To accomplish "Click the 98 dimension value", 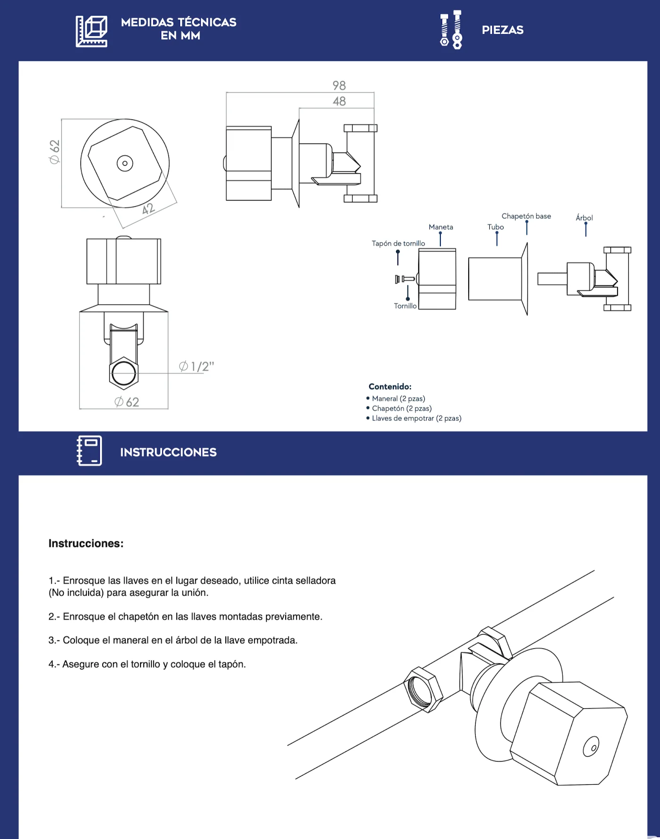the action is pos(339,85).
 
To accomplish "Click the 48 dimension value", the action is pos(339,101).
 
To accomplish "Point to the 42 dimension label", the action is pos(148,209).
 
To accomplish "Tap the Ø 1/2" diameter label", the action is pos(197,366).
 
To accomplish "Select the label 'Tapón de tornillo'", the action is pos(398,243).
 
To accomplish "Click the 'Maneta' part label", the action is pos(441,227).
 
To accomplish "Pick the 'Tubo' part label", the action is pos(495,227).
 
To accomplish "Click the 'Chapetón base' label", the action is pos(526,216).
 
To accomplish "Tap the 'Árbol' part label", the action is pos(584,218).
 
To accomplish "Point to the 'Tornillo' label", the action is pos(405,306).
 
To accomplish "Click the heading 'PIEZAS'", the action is pos(503,30).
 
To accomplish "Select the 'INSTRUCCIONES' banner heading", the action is pos(168,452).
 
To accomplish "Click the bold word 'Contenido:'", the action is pos(390,386).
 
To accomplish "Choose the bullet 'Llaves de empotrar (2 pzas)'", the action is pos(414,418).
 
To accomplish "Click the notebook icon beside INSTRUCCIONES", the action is pos(90,451).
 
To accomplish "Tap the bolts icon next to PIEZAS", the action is pos(451,29).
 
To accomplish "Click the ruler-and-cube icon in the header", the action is pos(91,31).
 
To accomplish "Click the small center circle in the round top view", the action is pos(125,163).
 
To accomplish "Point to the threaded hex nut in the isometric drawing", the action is pos(423,689).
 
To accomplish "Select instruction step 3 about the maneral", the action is pos(173,640).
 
